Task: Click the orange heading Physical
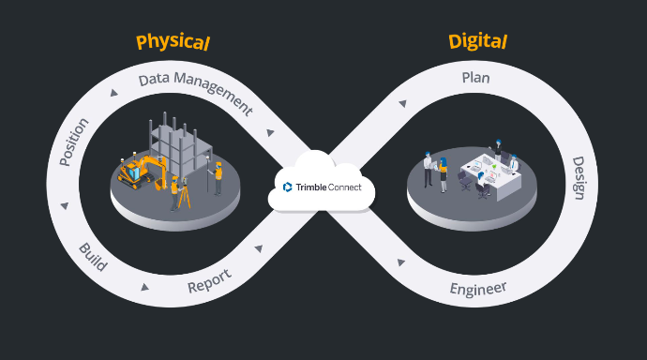[173, 42]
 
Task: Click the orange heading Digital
[477, 41]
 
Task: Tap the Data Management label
[195, 90]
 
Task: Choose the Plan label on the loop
[475, 78]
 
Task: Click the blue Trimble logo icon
[288, 187]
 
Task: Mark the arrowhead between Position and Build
[64, 205]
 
